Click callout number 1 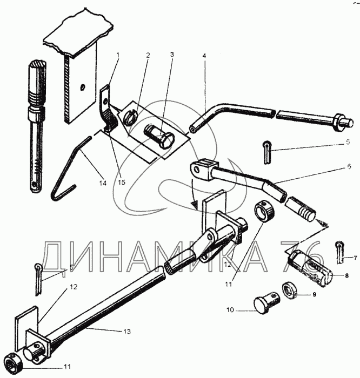point(118,55)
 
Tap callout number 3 point(172,55)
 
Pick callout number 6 point(349,167)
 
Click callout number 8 point(346,275)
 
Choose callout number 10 point(230,310)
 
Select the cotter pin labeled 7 point(339,251)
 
